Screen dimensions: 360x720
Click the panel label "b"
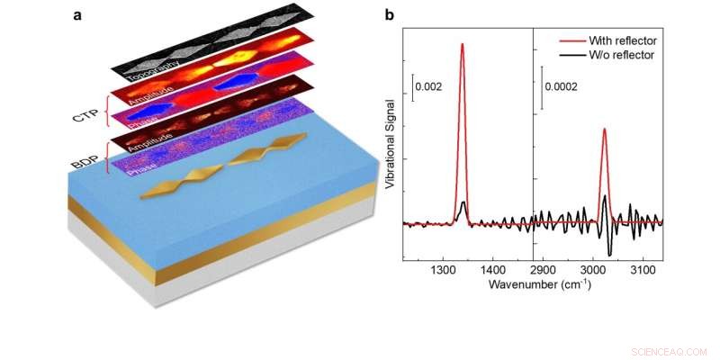point(388,15)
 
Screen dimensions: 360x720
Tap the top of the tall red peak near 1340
point(463,44)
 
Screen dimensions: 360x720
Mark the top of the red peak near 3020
point(604,129)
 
